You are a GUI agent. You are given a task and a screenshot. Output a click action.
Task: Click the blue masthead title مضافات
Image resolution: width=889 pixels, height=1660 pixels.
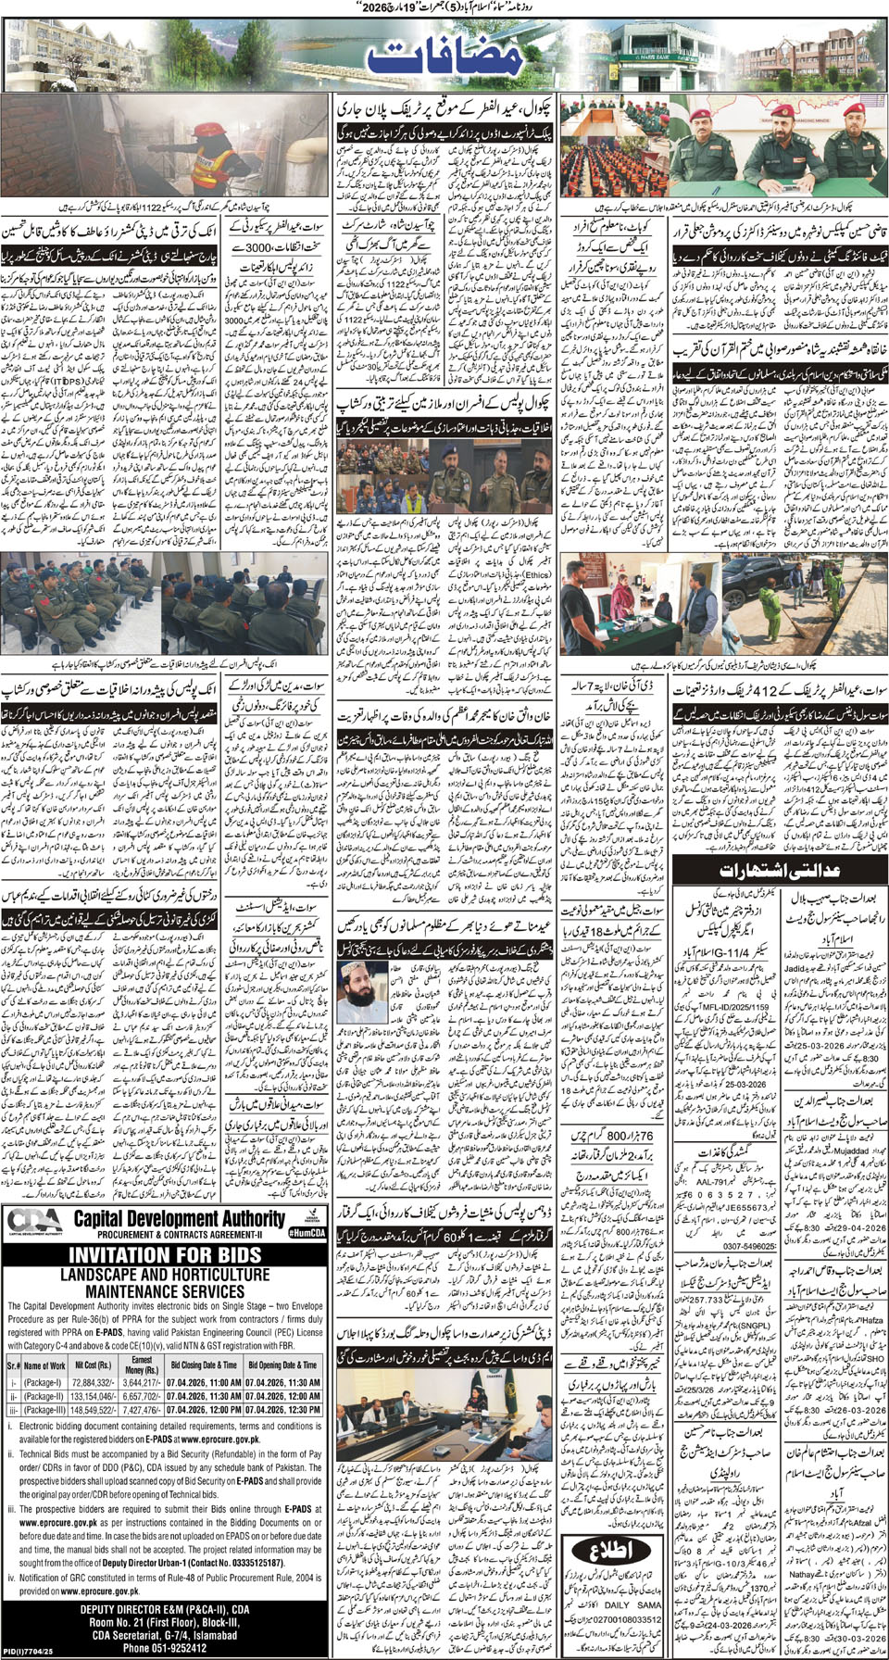(444, 58)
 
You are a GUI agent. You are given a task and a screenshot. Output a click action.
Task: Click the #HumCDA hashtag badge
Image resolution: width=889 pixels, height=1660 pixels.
(307, 1233)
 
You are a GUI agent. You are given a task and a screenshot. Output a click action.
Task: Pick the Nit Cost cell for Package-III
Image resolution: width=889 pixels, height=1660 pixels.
(94, 1410)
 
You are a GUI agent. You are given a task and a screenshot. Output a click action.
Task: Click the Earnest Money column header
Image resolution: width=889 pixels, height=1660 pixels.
(141, 1364)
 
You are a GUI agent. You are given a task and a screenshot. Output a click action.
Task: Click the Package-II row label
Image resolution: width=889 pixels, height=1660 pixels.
(44, 1396)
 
